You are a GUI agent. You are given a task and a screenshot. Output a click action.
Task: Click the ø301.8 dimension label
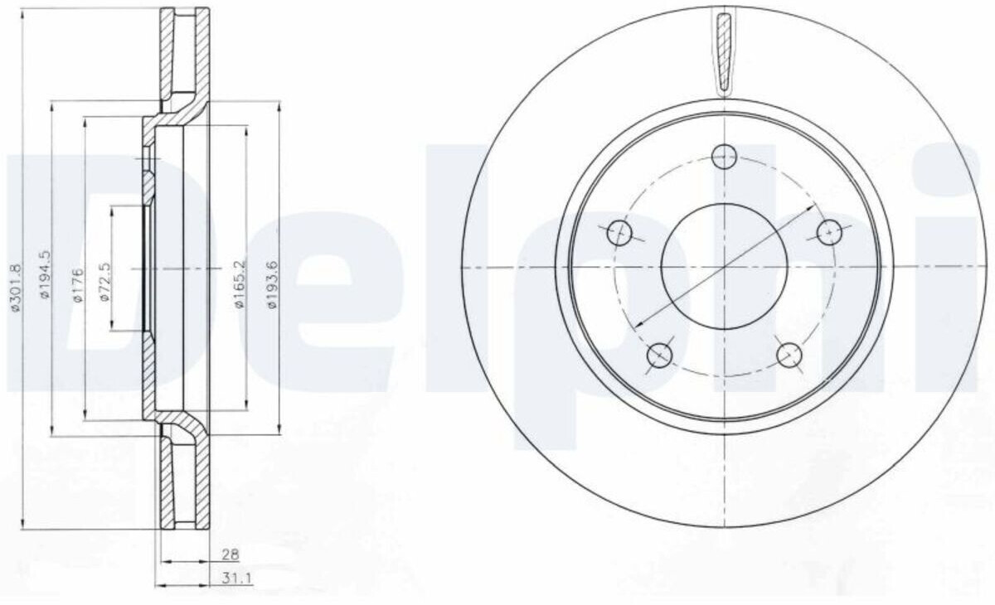pos(16,288)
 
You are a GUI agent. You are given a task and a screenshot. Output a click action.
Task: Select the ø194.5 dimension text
pos(46,274)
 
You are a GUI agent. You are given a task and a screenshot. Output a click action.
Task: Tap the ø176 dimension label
pos(78,285)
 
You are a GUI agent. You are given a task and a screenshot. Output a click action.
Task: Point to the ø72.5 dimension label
pos(104,282)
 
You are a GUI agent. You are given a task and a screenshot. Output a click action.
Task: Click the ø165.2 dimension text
pos(240,284)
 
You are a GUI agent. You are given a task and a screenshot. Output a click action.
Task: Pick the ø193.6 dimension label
pos(271,284)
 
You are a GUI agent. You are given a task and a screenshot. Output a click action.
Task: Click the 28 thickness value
pos(231,554)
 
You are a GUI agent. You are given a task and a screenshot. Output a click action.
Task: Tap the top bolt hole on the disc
pos(724,157)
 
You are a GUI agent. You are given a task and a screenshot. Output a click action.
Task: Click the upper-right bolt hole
pos(829,233)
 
